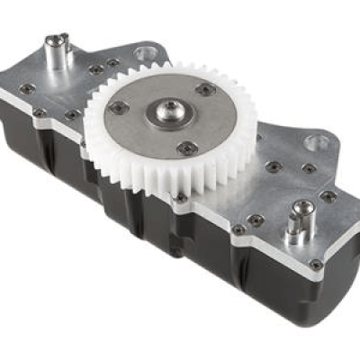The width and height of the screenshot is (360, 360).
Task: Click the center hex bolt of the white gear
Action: (x=167, y=114)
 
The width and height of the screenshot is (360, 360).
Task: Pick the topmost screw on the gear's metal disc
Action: (x=206, y=89)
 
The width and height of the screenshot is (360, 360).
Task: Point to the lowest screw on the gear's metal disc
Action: (x=187, y=148)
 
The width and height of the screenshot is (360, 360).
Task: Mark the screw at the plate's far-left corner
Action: (x=28, y=88)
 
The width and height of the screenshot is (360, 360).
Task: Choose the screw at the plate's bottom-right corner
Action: (x=316, y=265)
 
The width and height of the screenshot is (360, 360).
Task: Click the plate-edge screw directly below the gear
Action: (x=180, y=197)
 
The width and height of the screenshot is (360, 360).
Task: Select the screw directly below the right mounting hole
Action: (x=309, y=168)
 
